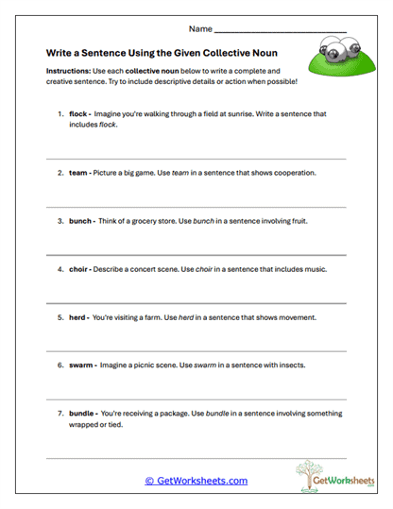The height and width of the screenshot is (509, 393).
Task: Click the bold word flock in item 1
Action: click(x=77, y=114)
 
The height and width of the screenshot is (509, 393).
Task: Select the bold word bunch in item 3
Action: click(x=79, y=222)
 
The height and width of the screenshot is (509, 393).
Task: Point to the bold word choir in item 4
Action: click(x=77, y=269)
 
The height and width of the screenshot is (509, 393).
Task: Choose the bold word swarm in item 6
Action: click(x=80, y=365)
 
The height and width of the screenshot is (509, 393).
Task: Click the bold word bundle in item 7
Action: click(x=80, y=414)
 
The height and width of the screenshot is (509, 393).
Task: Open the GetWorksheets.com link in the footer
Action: click(x=196, y=481)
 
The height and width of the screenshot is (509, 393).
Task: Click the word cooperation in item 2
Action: click(x=316, y=174)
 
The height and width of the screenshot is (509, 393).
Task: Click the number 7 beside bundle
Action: click(x=60, y=414)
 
